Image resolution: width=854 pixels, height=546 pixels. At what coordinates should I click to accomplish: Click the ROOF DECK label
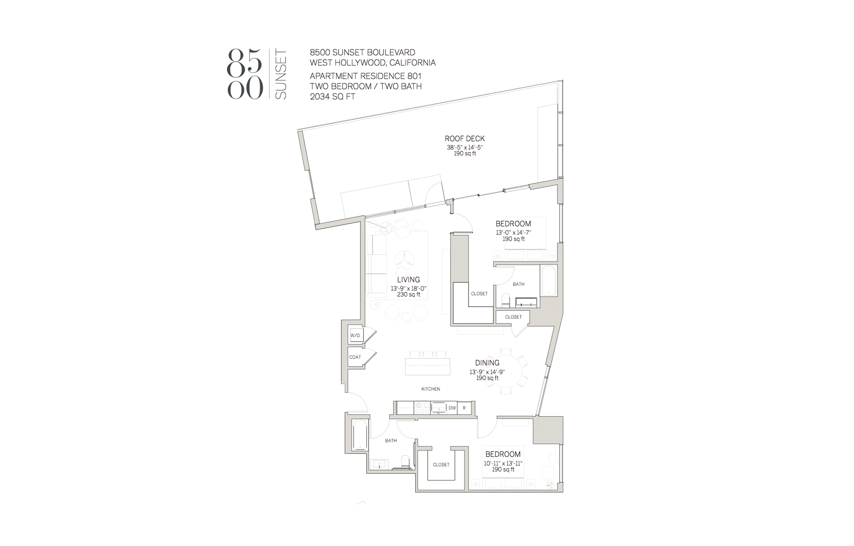465,139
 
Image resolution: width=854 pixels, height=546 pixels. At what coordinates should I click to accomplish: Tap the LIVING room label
408,280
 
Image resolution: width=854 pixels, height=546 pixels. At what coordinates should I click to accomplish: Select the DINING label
487,363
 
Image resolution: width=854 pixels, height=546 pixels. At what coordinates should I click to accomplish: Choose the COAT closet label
355,357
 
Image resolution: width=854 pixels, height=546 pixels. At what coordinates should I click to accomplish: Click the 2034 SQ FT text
332,96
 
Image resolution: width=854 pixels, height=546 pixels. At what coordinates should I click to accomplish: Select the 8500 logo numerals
245,74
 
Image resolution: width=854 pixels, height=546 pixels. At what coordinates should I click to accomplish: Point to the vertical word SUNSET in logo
280,74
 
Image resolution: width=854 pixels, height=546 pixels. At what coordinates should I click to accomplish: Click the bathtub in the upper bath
549,280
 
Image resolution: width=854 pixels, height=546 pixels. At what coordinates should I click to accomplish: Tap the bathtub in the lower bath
360,435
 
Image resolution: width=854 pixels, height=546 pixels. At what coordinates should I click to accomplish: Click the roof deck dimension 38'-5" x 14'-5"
465,147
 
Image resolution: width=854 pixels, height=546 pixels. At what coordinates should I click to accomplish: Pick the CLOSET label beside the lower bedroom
441,465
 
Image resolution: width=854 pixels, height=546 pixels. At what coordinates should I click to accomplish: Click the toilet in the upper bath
506,300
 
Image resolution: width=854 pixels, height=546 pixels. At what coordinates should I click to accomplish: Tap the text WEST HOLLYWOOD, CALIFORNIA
373,63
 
